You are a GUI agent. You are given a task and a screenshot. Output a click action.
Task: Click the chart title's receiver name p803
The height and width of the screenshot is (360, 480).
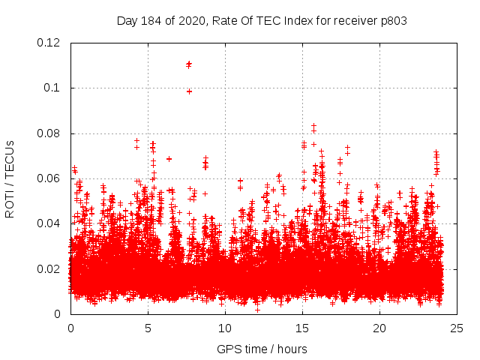coord(392,21)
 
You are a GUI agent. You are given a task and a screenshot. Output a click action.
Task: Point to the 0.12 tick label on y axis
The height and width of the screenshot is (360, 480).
coord(49,43)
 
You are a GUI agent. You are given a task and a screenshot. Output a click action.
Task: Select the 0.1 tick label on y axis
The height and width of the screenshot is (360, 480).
coord(52,88)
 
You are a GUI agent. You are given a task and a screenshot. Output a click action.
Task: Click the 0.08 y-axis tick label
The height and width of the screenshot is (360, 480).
coord(49,133)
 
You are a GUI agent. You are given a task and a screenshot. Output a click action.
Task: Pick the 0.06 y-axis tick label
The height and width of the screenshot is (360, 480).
coord(49,178)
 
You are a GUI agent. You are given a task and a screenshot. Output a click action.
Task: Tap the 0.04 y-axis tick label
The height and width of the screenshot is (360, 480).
coord(49,223)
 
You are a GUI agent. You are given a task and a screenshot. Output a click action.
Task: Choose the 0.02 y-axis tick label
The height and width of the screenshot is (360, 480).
coord(49,268)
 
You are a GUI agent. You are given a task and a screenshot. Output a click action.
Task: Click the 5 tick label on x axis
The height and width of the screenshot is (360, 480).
coord(148,328)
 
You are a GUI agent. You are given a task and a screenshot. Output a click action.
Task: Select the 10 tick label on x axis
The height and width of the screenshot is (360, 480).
coord(225,328)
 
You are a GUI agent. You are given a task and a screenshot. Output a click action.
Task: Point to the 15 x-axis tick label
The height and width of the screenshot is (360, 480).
coord(302,328)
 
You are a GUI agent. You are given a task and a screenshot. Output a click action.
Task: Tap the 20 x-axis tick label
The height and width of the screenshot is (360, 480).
coord(379,328)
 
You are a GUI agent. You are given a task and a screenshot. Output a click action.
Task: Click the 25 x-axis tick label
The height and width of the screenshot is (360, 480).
coord(457,328)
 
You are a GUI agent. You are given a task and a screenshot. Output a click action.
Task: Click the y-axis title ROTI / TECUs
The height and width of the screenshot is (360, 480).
coord(10,178)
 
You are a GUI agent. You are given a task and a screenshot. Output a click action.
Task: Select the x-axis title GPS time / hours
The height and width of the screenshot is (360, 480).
coord(262,349)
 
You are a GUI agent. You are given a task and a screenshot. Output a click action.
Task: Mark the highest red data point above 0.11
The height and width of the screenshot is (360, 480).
coord(189,64)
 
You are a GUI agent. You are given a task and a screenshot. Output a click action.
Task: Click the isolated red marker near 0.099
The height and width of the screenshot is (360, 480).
coord(189,91)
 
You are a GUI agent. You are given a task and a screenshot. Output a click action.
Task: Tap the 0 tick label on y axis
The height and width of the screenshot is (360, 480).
coord(59,313)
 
